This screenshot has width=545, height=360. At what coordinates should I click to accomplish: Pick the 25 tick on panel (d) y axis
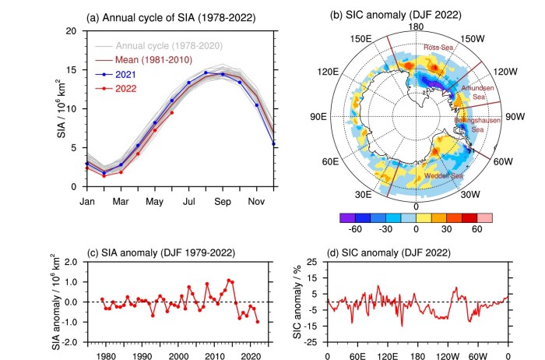coord(311,260)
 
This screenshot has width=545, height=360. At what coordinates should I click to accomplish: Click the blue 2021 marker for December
coord(273,143)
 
